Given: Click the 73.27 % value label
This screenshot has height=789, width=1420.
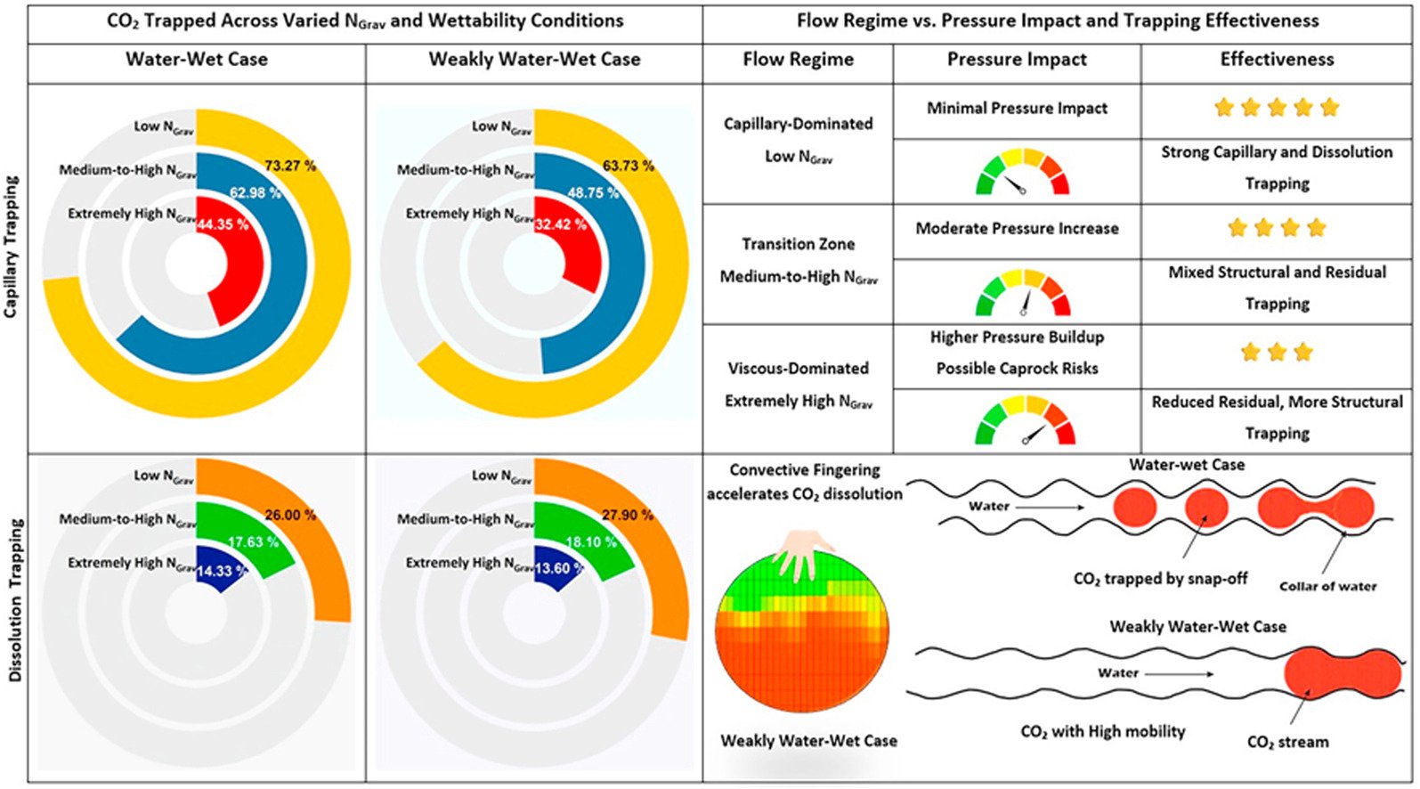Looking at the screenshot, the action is point(290,167).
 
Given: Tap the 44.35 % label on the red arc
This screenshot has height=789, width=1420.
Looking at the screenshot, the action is point(223,224).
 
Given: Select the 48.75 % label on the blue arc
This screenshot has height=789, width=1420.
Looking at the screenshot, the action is point(593,192).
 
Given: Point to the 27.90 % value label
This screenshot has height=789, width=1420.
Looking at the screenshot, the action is point(628,515).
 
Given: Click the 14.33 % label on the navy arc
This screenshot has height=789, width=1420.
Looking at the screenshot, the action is point(222,571).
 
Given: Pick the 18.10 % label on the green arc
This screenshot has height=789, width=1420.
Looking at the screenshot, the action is point(591,542).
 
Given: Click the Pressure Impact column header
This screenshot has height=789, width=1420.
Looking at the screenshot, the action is point(1017,60).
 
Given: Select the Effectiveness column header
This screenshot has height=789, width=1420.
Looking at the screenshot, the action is point(1278,60).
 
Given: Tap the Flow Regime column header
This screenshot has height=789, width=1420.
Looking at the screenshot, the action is point(798,60).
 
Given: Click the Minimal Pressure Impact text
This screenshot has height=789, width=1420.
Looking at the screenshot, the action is point(1017,109).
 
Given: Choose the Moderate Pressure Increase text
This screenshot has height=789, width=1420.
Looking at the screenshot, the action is point(1017,228).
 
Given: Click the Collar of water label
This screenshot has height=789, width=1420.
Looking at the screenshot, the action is point(1328,586).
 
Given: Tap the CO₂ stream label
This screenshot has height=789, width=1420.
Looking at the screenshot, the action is point(1287,742).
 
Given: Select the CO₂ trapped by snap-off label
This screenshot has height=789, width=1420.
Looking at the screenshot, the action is point(1160,579).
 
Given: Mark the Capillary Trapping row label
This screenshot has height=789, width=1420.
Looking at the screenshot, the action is point(12,247).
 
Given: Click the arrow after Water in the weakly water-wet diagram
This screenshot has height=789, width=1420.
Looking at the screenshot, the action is point(1180,674).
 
